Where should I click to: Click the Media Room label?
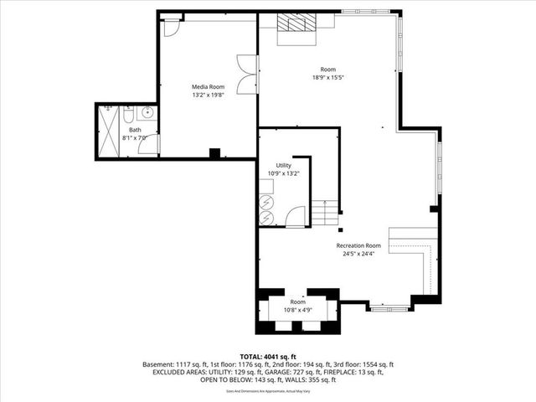[208, 86]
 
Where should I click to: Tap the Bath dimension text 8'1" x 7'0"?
[135, 137]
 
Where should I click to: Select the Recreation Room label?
[358, 245]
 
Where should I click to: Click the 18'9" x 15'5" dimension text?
[327, 77]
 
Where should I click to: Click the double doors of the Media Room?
[247, 75]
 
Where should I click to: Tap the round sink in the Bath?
[147, 112]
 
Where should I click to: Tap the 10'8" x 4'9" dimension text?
[298, 308]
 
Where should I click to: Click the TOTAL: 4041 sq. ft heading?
[268, 357]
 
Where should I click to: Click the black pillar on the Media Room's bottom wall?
[214, 153]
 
